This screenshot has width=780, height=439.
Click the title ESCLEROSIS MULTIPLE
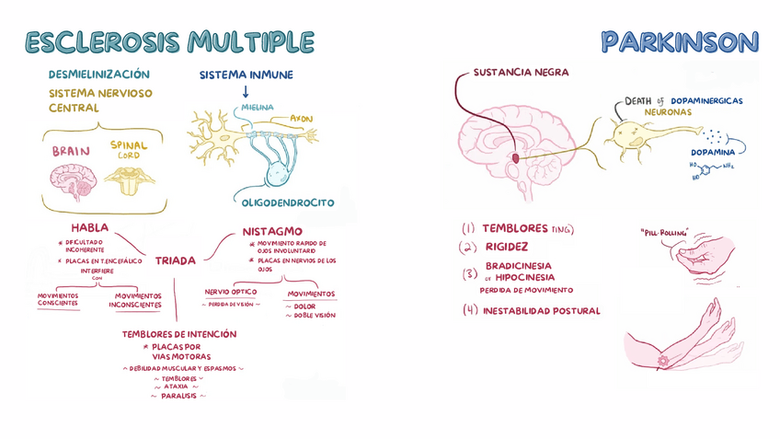[169, 41]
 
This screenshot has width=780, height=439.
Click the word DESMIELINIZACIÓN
[98, 75]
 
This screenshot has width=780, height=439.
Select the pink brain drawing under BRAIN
[75, 180]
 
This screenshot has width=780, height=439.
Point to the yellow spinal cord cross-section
[129, 179]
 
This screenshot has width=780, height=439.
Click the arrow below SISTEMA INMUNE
[246, 92]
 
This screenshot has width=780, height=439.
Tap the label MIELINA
[258, 108]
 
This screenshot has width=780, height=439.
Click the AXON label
[301, 119]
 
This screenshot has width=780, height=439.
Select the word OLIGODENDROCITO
[288, 202]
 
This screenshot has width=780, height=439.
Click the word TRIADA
[176, 260]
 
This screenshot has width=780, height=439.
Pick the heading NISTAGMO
[272, 231]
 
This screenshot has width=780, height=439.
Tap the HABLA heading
[89, 227]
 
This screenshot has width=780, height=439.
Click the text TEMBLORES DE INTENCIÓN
[179, 334]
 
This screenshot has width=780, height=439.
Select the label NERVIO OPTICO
[231, 292]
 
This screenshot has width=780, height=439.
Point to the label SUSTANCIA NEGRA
[521, 73]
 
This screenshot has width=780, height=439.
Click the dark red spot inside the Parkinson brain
[516, 158]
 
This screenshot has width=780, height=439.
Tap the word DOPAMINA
[713, 153]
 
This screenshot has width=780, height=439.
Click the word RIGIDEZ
[506, 247]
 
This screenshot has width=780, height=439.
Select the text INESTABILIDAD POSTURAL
[541, 311]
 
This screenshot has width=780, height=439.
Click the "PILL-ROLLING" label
[664, 233]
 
